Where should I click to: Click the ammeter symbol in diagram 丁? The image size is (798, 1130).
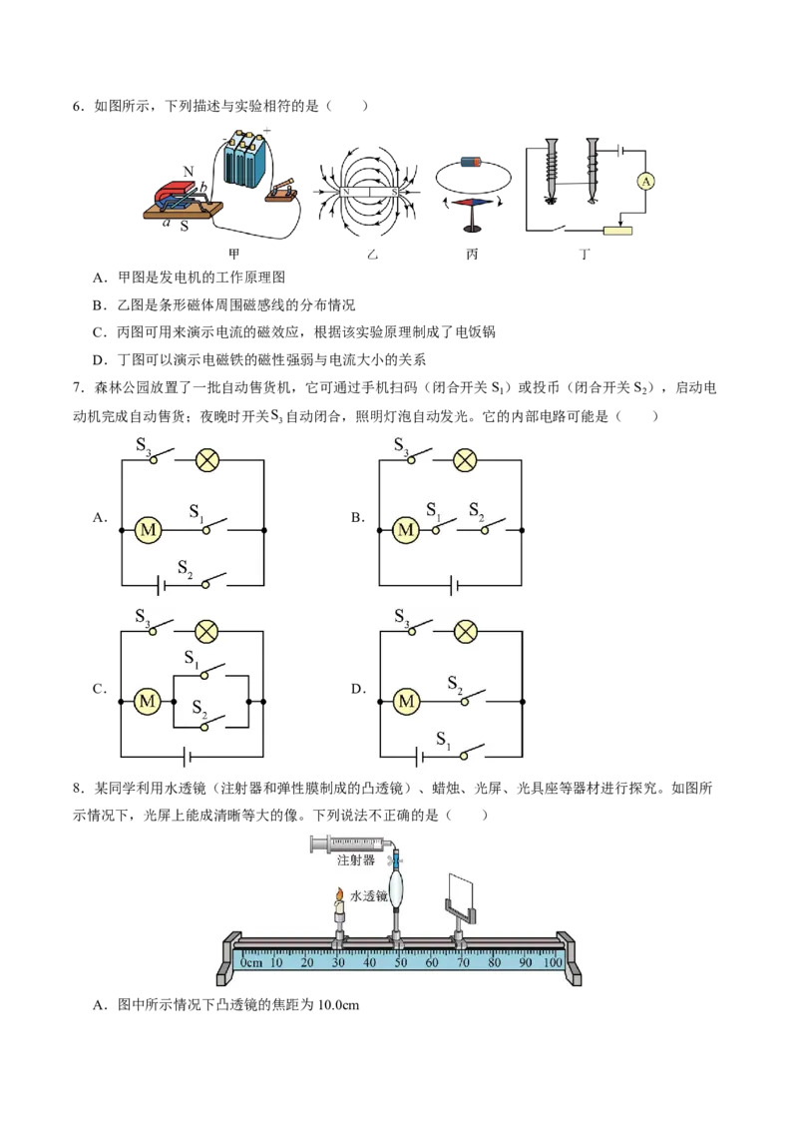pyautogui.click(x=646, y=182)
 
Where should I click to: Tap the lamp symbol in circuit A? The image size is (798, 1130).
pyautogui.click(x=207, y=460)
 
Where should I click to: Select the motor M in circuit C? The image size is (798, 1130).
pyautogui.click(x=148, y=701)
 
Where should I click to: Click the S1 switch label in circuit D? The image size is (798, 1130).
pyautogui.click(x=442, y=740)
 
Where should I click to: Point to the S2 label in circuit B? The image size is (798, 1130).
pyautogui.click(x=476, y=511)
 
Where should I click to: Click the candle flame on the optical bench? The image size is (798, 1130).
pyautogui.click(x=337, y=895)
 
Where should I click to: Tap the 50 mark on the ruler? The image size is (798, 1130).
pyautogui.click(x=400, y=962)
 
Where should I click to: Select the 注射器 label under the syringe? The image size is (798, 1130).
pyautogui.click(x=356, y=859)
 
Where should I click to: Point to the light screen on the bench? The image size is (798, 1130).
pyautogui.click(x=460, y=892)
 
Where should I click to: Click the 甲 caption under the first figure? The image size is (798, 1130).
pyautogui.click(x=234, y=254)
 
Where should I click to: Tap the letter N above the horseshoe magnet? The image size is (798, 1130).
pyautogui.click(x=188, y=172)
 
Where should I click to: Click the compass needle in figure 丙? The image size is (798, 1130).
pyautogui.click(x=472, y=203)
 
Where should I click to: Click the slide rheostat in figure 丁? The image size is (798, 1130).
pyautogui.click(x=617, y=231)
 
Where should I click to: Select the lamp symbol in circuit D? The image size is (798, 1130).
pyautogui.click(x=465, y=632)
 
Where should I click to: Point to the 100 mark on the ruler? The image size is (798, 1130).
pyautogui.click(x=552, y=962)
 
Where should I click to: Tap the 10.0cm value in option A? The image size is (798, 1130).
pyautogui.click(x=337, y=1004)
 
